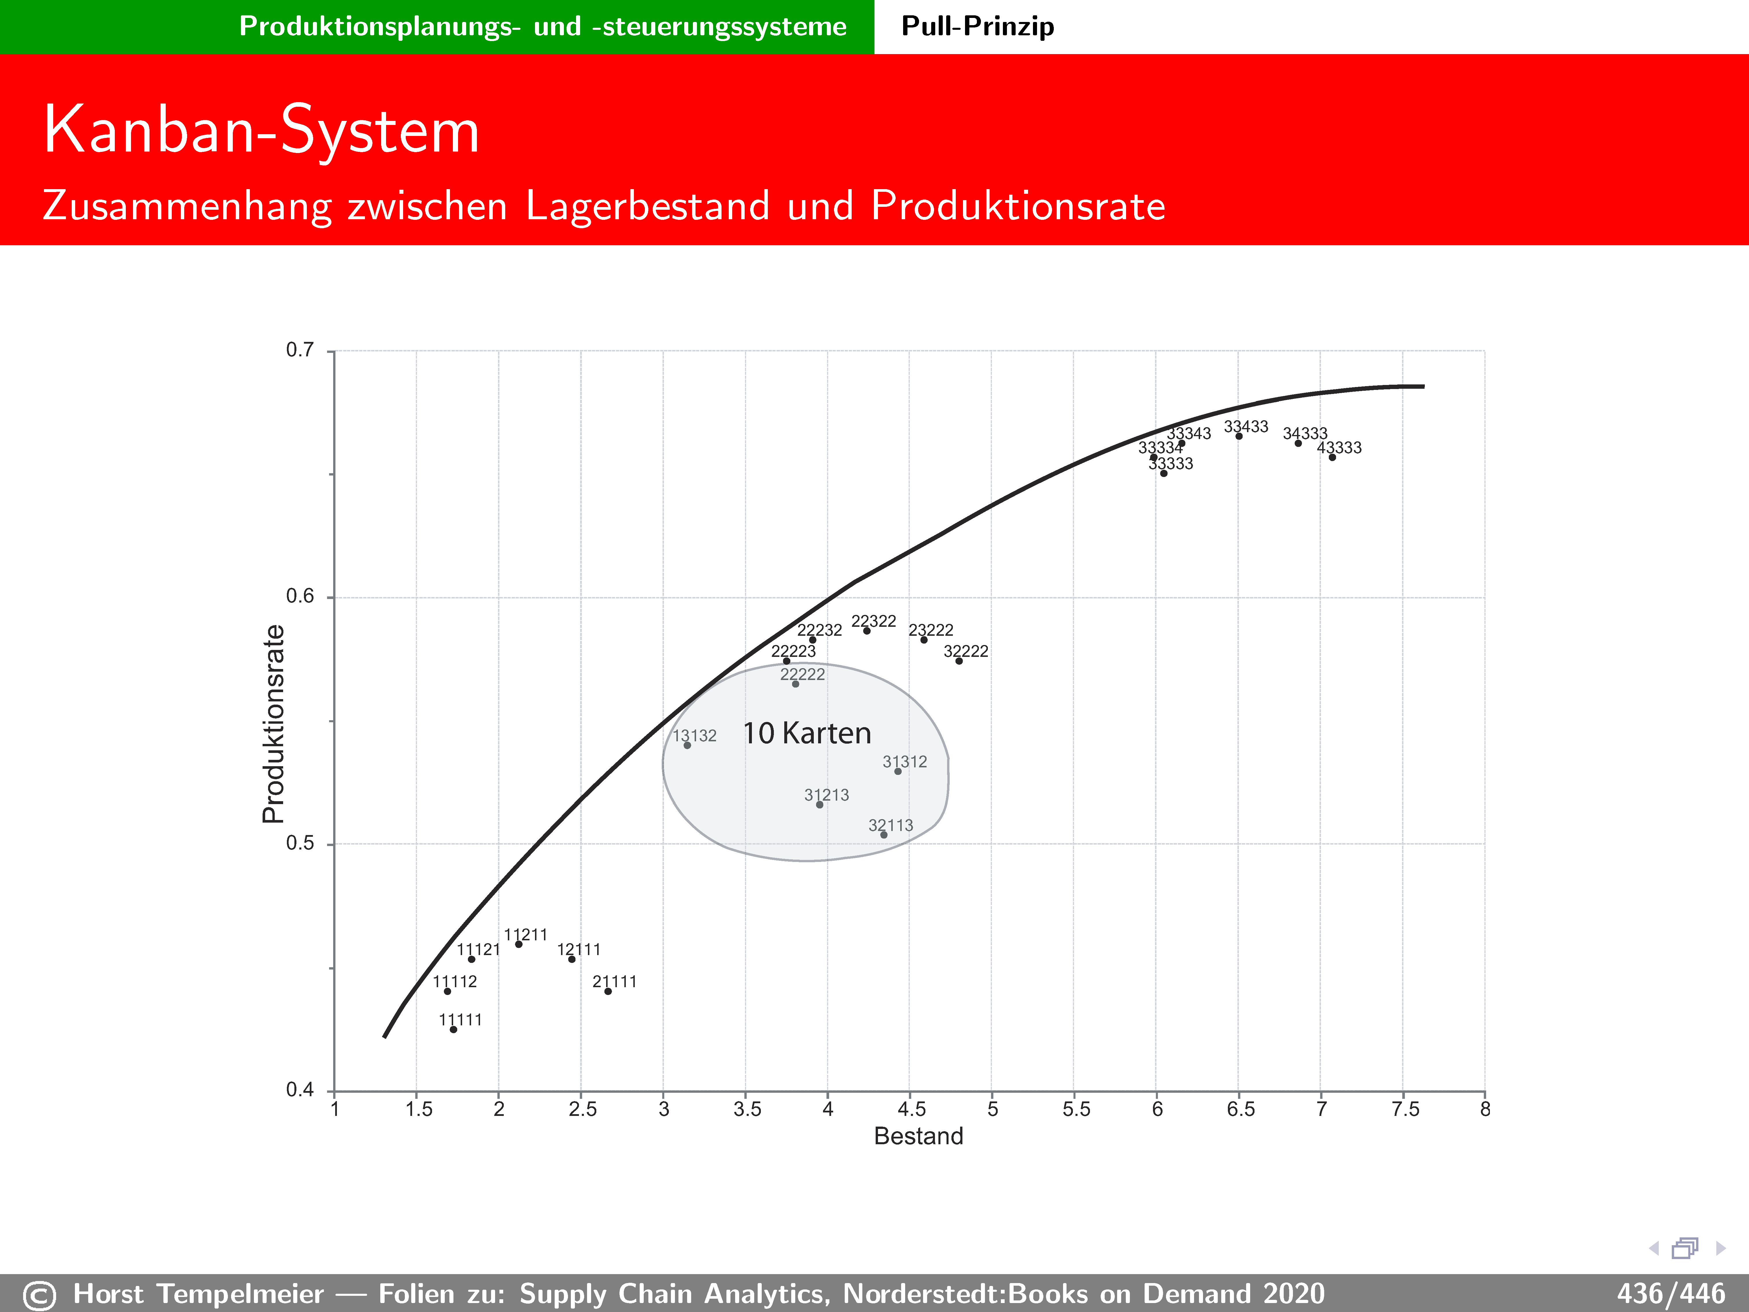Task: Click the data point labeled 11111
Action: pos(453,1029)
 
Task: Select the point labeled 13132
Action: pos(687,745)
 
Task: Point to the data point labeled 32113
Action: pos(884,834)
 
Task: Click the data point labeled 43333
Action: pos(1332,457)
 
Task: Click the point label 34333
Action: pos(1305,433)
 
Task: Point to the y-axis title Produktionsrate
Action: pos(274,724)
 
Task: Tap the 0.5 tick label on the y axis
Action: pos(300,843)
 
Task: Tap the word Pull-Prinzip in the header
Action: pos(977,26)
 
